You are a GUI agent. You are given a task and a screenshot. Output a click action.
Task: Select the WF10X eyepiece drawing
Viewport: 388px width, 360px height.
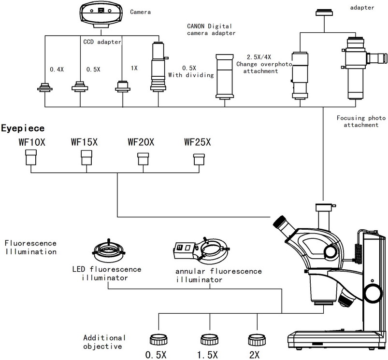click(31, 157)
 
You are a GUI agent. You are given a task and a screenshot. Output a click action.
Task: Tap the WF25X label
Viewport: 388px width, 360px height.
click(198, 142)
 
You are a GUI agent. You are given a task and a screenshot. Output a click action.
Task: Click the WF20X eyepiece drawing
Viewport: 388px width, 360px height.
click(144, 159)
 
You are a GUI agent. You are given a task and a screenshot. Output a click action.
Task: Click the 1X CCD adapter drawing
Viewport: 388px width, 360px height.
click(123, 86)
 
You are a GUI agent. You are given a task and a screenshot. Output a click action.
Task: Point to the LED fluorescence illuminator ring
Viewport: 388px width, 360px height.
click(108, 251)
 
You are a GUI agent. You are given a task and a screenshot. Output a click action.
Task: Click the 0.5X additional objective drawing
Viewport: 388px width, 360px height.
click(158, 340)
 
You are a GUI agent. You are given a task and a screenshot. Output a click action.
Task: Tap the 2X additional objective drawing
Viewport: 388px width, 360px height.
click(257, 340)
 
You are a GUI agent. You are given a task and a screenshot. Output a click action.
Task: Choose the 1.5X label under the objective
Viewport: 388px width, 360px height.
click(207, 355)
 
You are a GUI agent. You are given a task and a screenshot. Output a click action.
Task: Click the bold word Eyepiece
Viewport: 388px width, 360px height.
click(23, 128)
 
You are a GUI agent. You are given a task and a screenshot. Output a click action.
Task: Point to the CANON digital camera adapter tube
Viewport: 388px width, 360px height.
click(225, 77)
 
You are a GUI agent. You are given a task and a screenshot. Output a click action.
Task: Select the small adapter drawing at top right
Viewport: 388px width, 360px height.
click(324, 13)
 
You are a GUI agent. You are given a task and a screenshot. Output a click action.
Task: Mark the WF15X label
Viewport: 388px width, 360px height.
click(85, 142)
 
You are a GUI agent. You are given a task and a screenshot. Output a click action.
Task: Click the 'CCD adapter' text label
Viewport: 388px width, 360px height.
click(102, 42)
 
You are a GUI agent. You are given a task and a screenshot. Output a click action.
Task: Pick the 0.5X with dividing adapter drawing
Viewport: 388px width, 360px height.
click(158, 67)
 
